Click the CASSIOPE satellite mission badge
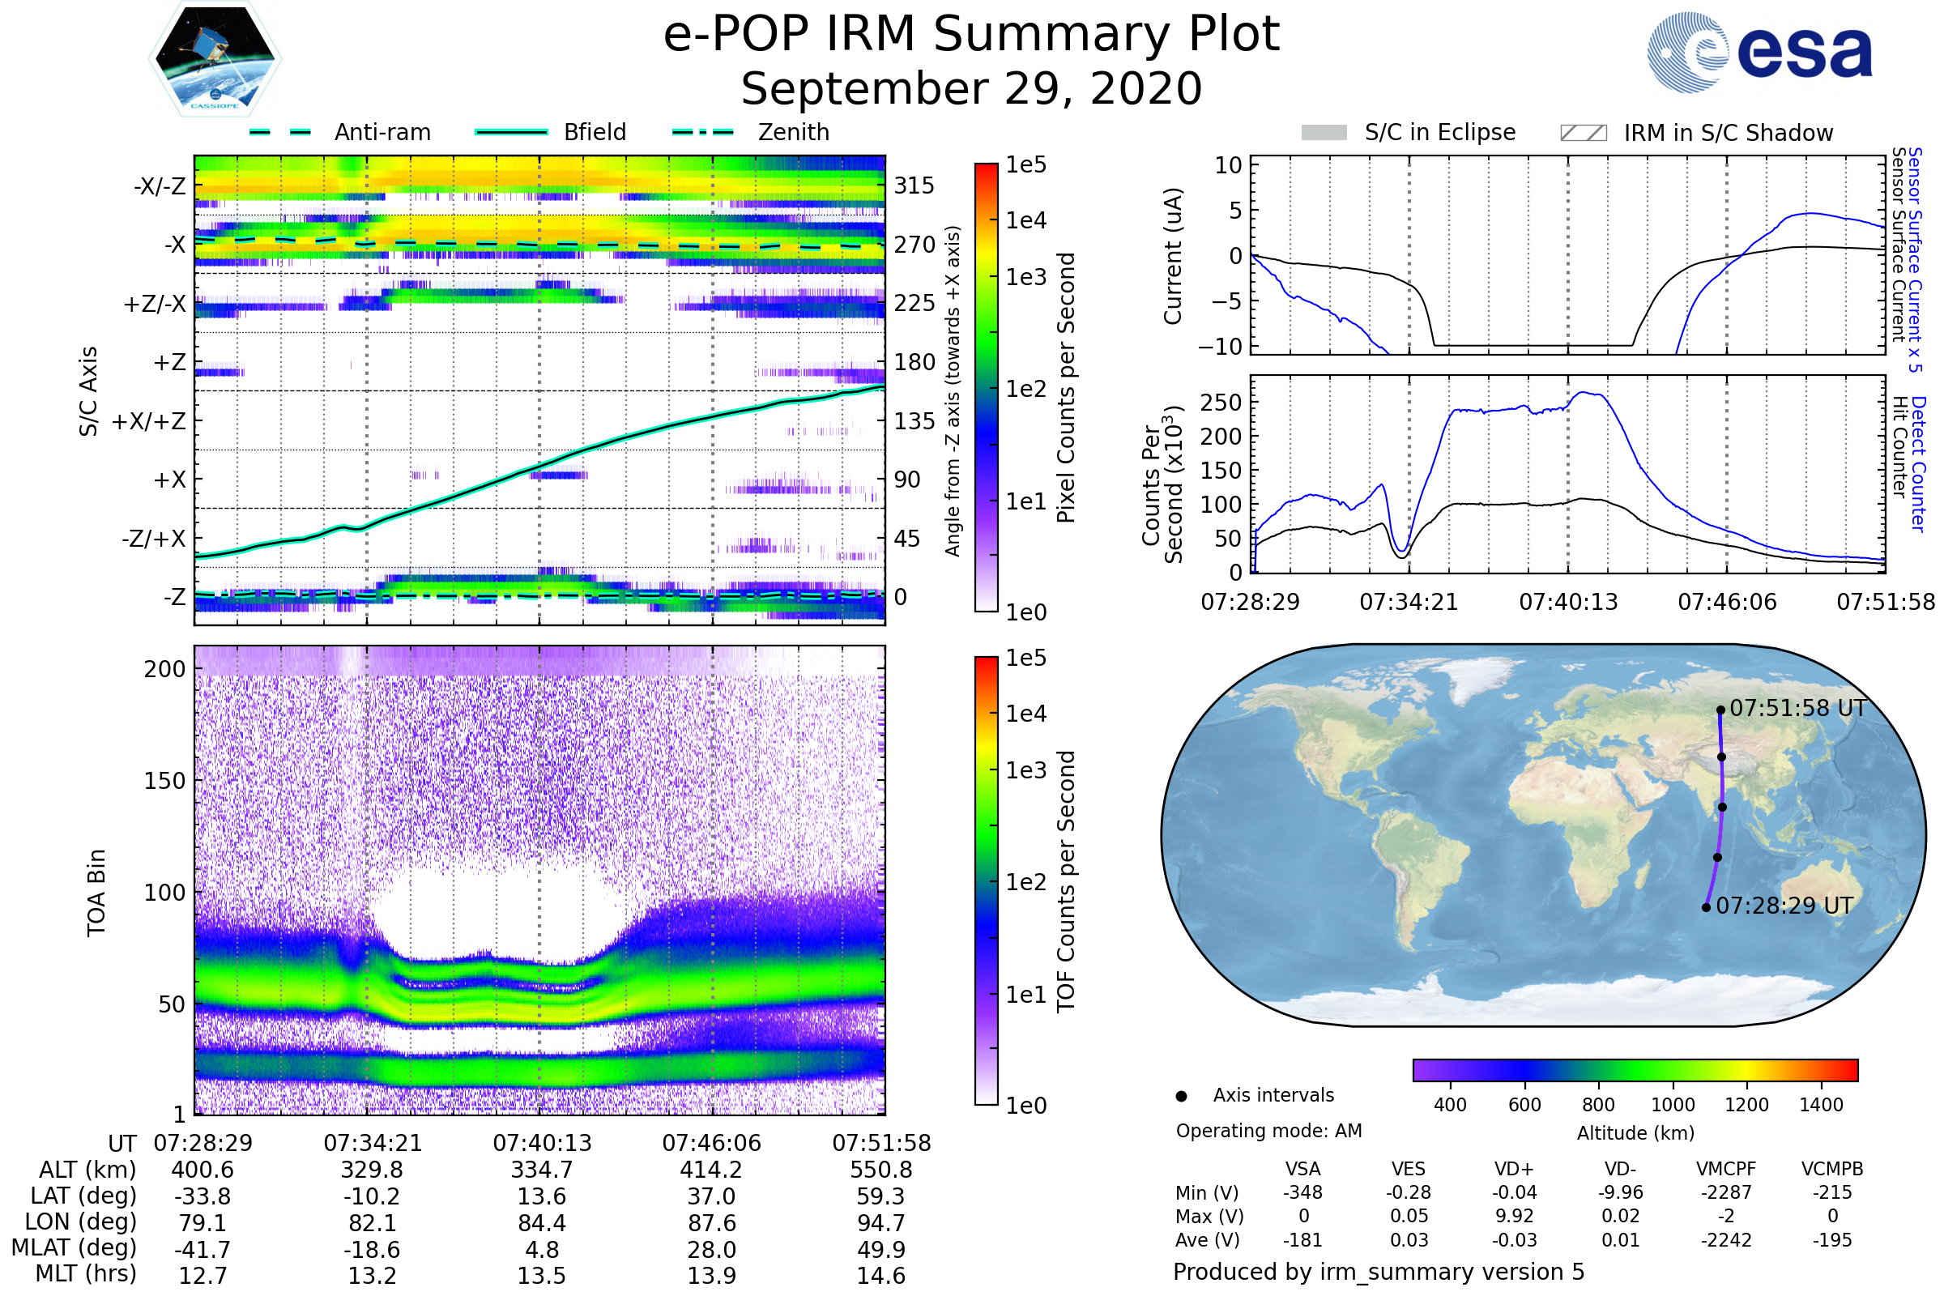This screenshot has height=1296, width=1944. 215,58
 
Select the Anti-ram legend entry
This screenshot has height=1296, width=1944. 382,132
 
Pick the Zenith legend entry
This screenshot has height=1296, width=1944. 793,132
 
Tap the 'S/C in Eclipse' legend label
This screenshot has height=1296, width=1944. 1439,132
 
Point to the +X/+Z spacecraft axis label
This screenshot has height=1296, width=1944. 149,421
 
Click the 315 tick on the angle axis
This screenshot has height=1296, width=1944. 914,185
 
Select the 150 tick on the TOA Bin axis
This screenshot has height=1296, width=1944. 164,781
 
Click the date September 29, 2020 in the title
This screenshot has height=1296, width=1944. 971,88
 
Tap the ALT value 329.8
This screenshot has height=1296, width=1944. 372,1170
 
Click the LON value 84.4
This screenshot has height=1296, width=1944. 541,1222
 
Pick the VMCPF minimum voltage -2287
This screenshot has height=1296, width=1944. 1726,1192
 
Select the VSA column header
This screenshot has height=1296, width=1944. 1302,1170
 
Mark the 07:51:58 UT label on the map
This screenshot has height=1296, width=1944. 1797,708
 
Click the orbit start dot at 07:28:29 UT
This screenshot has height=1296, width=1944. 1706,907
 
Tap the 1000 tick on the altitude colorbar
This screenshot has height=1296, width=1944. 1672,1105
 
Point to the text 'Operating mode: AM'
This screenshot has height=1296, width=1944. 1268,1131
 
